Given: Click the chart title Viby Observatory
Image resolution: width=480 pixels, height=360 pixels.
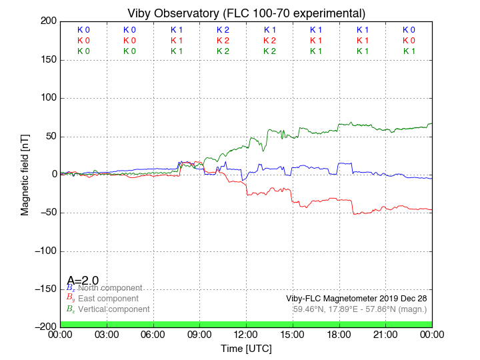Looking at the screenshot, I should pos(246,13).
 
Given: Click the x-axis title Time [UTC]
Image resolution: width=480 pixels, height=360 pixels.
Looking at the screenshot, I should pos(246,349).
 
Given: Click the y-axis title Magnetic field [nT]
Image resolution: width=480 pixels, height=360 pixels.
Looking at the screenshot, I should pos(25,173).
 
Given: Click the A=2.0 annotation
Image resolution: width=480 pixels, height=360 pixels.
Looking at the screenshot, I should pos(83,281).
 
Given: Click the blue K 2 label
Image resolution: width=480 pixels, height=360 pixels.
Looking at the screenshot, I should pos(223,30).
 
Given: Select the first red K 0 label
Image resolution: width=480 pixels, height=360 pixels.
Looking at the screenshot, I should pos(83,41).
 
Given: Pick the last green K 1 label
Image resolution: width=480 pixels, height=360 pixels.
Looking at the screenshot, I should pos(409,51).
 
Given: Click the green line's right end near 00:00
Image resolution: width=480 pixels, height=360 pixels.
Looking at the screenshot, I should pos(431,123).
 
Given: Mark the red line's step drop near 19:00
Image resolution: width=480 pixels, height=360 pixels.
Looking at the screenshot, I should pos(353,207).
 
